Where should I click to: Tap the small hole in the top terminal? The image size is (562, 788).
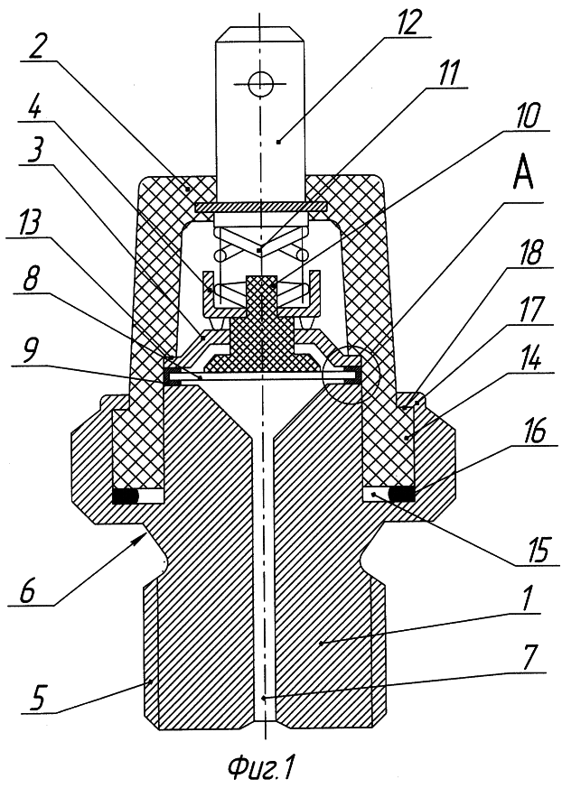click(x=260, y=83)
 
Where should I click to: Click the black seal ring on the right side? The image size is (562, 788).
click(x=404, y=495)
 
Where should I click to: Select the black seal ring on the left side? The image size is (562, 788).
click(x=125, y=496)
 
